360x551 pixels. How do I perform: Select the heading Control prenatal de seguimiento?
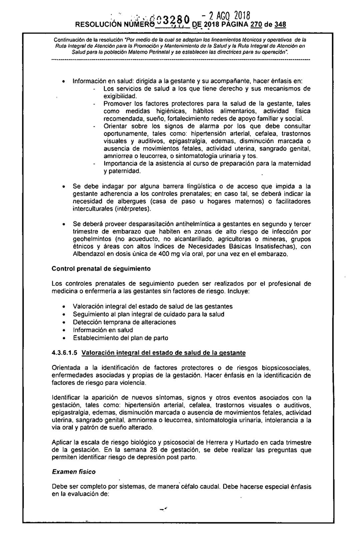coord(101,268)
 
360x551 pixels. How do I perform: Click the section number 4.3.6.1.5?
coord(65,352)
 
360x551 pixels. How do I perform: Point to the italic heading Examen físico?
coord(73,472)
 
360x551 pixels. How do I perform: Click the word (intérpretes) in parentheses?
coord(133,209)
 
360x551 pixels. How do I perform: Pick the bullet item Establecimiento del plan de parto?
coord(121,338)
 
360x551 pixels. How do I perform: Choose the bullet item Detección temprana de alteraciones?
coord(124,322)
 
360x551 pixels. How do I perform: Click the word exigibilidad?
coord(121,96)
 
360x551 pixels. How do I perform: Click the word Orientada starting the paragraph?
coord(66,368)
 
